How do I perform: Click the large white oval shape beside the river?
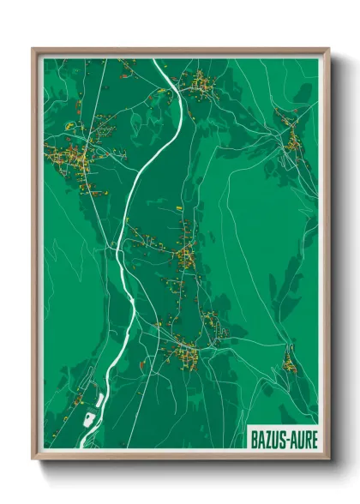pyautogui.click(x=88, y=419)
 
